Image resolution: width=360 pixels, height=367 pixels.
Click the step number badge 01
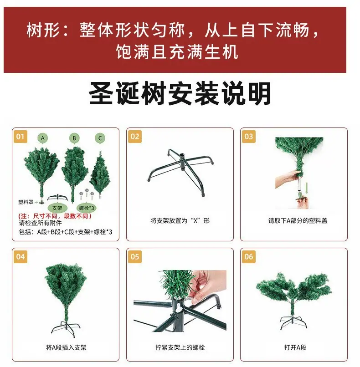coord(21,137)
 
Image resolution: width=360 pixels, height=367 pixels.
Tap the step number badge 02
coord(135,137)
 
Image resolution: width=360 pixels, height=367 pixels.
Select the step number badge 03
coord(248,137)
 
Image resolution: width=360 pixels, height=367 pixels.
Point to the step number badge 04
coord(21,257)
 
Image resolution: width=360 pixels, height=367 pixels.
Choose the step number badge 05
coord(135,257)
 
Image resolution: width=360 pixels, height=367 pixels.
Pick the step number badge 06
coord(248,257)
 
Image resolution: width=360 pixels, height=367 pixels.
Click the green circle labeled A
coord(43,138)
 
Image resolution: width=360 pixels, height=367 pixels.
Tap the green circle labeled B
coord(74,138)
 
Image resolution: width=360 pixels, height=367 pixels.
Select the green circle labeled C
coord(100,138)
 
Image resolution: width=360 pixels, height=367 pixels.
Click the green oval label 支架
coord(57,208)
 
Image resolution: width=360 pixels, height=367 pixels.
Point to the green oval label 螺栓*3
coord(87,208)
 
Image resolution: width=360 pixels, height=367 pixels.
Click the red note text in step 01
coord(55,216)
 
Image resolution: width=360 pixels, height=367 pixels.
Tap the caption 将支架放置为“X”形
coord(180,220)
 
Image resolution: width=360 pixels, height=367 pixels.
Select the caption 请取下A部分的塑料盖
coord(298,220)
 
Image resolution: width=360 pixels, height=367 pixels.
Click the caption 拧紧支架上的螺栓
coord(180,347)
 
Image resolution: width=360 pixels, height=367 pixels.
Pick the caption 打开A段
coord(295,347)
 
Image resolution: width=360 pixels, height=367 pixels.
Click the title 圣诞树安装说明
coord(180,93)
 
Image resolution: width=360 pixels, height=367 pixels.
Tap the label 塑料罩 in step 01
coord(26,202)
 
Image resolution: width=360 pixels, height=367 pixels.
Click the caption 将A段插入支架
coord(66,347)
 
